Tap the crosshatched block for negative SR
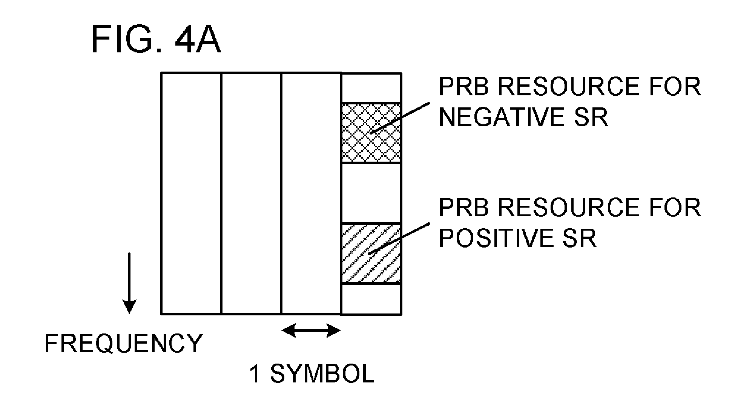click(371, 133)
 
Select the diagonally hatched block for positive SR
click(371, 253)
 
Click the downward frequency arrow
click(129, 283)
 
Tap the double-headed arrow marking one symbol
click(311, 331)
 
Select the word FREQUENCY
click(124, 343)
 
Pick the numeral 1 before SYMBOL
click(255, 373)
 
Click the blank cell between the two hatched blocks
click(371, 193)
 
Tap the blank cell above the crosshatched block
click(371, 87)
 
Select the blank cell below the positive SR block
click(371, 298)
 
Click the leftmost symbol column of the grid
click(191, 193)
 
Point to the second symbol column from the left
click(251, 193)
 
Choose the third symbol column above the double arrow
click(311, 193)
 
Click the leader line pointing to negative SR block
click(400, 117)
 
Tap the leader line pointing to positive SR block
click(399, 238)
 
